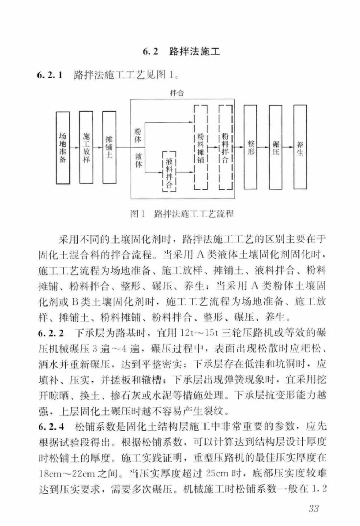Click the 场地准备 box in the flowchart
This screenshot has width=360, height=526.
[63, 148]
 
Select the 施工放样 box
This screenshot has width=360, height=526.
[86, 148]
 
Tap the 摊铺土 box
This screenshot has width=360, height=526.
[109, 148]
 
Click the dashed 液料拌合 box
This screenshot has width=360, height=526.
[169, 172]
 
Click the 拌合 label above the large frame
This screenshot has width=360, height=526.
[177, 93]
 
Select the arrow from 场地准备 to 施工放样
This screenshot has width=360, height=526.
[75, 148]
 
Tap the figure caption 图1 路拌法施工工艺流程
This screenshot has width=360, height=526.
[182, 214]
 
